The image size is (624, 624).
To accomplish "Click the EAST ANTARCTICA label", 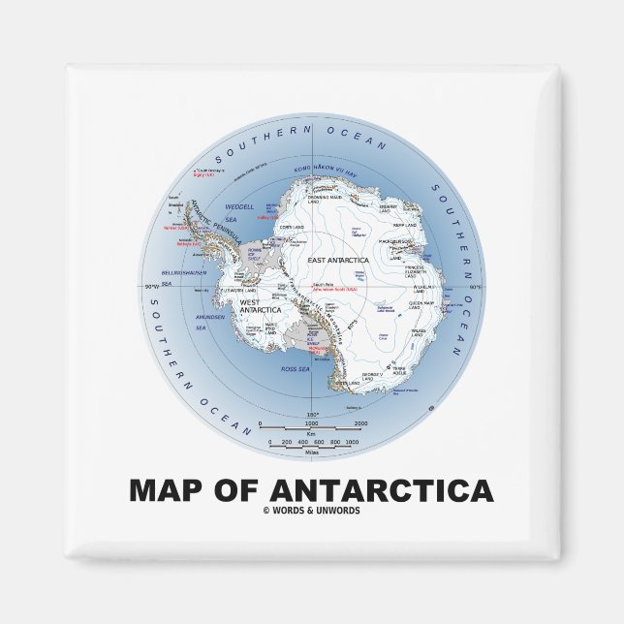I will coord(336,260).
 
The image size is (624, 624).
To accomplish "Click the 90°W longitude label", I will coord(151,288).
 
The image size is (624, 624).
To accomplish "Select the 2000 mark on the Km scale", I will coord(359,423).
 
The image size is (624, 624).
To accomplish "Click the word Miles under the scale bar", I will coord(311,451).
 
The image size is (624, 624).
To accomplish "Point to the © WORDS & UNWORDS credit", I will coord(311,511).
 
